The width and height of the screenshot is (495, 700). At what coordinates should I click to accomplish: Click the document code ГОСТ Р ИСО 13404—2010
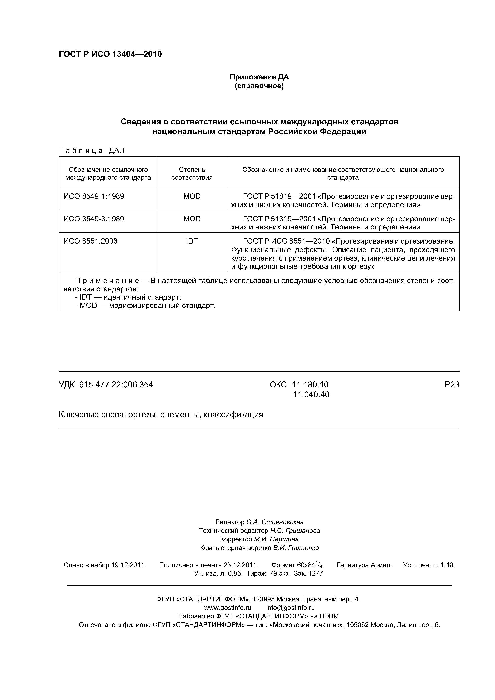pyautogui.click(x=110, y=54)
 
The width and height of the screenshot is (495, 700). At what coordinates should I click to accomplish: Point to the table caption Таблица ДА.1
pyautogui.click(x=92, y=151)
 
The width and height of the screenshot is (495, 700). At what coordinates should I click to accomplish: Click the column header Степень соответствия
pyautogui.click(x=192, y=173)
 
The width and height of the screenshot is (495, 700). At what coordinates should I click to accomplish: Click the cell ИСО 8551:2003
pyautogui.click(x=91, y=241)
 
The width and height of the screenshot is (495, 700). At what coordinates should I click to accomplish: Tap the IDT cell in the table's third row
pyautogui.click(x=192, y=241)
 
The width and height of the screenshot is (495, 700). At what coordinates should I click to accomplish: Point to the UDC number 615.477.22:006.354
pyautogui.click(x=116, y=385)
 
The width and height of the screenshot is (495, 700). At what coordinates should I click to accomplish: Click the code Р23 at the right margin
pyautogui.click(x=452, y=385)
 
